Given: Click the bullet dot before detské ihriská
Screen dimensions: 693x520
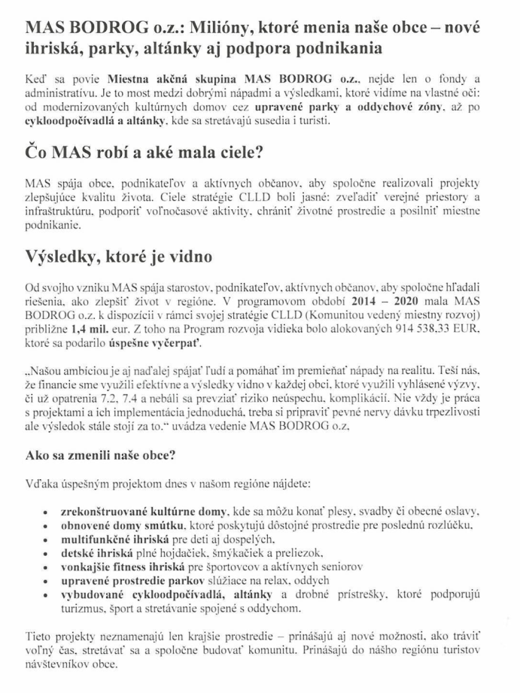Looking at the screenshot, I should (x=49, y=554).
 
